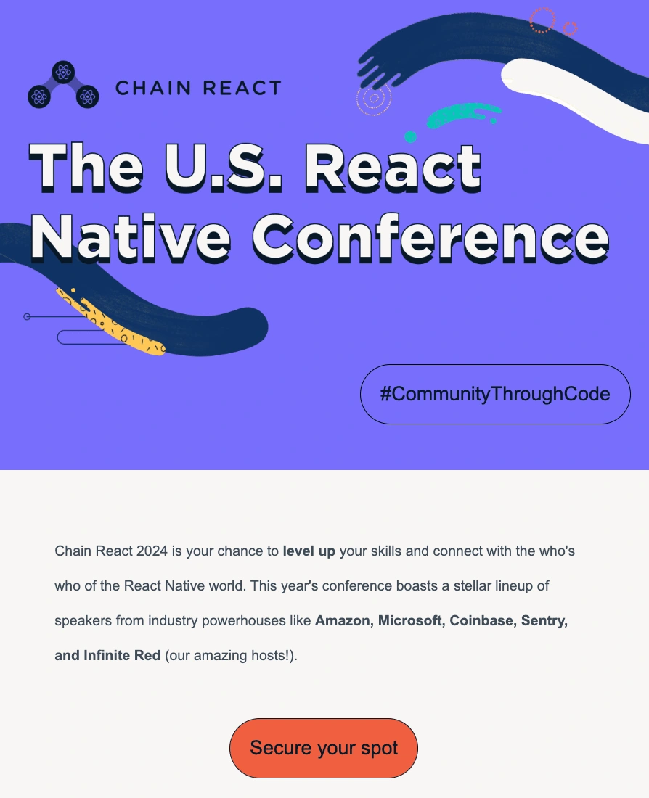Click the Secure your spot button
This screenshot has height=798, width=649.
pos(324,748)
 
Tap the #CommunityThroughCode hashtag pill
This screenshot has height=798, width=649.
pos(495,394)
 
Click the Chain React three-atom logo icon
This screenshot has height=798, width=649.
pos(63,85)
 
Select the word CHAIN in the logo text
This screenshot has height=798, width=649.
pos(153,88)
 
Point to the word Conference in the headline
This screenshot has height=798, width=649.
pos(431,238)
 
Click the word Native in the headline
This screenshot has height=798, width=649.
pos(131,238)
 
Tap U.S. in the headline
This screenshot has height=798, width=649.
pos(224,167)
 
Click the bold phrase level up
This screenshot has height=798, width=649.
pos(309,551)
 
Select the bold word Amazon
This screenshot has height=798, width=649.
pos(344,621)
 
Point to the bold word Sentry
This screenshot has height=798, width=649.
pos(544,621)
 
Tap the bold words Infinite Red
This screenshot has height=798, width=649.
pos(122,656)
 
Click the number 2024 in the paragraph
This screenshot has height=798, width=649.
pos(152,551)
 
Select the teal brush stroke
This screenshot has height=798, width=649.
pos(461,115)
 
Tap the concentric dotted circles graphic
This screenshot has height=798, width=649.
pos(374,98)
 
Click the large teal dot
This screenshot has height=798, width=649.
pos(410,137)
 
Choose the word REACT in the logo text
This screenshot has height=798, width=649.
pos(242,88)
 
